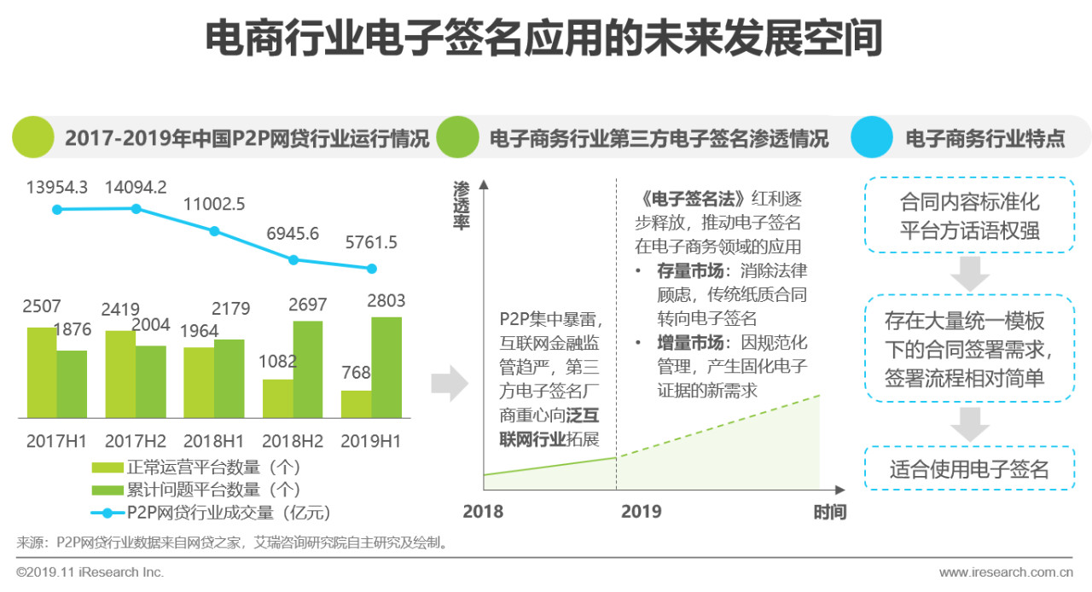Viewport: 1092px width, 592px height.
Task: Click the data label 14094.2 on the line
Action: click(136, 187)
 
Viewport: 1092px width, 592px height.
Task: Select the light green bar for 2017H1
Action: click(42, 372)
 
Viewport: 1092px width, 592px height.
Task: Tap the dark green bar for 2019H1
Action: click(386, 367)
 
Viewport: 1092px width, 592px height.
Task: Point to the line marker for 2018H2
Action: click(293, 259)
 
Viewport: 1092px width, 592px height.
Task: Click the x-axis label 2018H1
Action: click(214, 441)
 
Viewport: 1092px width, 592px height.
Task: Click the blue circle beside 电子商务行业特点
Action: click(871, 137)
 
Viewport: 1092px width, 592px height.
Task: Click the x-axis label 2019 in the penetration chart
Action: click(641, 512)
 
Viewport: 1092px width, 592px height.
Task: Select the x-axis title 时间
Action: click(829, 512)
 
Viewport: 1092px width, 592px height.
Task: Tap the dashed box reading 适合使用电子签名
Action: click(969, 468)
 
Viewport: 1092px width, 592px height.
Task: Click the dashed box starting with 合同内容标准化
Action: click(969, 215)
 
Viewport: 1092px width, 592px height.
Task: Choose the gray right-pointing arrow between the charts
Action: click(449, 386)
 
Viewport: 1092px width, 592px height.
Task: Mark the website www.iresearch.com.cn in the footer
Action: click(1006, 572)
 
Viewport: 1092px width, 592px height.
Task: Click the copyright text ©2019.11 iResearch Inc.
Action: click(90, 572)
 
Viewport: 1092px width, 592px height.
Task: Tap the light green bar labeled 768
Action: click(356, 403)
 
